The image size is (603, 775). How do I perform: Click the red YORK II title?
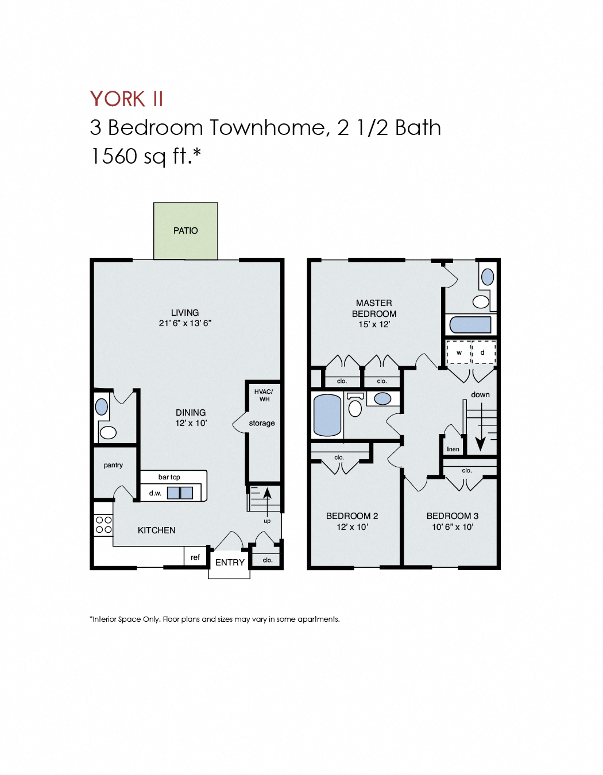[126, 99]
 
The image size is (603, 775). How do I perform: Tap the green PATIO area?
[185, 231]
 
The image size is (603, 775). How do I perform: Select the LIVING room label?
[185, 313]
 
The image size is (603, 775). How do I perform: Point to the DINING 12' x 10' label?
[191, 418]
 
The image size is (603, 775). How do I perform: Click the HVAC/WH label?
[264, 396]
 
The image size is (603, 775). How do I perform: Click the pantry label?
[113, 465]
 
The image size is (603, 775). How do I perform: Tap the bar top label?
[169, 477]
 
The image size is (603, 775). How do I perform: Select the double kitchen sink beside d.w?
[180, 493]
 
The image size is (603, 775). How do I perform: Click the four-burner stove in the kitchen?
[103, 525]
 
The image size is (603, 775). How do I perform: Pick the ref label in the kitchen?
[195, 557]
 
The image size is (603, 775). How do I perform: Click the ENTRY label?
[230, 563]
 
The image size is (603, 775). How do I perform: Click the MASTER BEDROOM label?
[374, 308]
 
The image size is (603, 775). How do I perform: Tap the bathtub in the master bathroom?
[470, 325]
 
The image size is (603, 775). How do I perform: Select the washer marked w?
[459, 352]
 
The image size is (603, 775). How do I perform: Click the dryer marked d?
[482, 352]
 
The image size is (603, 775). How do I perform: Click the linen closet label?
[453, 449]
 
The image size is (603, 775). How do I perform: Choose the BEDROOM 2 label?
[352, 516]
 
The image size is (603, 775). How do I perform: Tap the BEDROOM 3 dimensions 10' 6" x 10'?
[453, 527]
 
